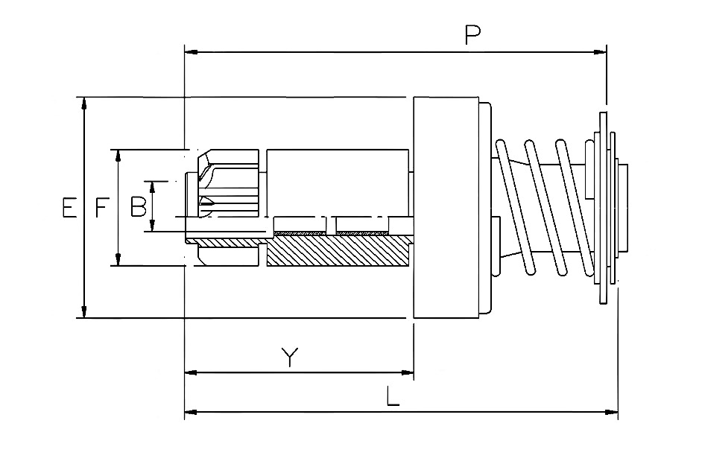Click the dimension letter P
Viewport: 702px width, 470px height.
point(472,35)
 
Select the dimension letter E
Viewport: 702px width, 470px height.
point(69,208)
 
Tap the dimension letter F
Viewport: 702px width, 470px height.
point(102,208)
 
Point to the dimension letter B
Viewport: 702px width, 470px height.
point(139,207)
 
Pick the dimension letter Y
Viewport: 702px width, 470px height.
point(290,356)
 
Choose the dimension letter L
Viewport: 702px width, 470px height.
point(393,396)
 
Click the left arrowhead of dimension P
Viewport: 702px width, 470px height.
point(192,52)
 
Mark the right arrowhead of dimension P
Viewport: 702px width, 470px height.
point(600,52)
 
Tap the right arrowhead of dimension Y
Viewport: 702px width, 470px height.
point(407,372)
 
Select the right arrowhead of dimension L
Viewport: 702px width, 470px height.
point(612,412)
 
